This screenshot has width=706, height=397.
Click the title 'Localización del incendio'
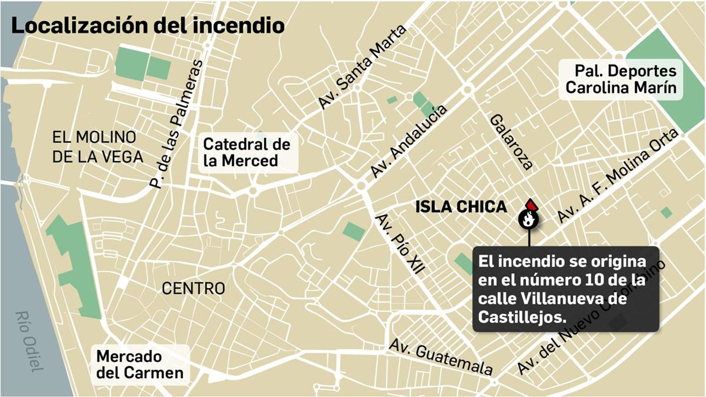coord(147,25)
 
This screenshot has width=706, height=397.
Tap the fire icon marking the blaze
coord(528,218)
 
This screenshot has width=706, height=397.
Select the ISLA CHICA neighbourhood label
coord(461,206)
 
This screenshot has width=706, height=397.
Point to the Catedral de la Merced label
coord(246,152)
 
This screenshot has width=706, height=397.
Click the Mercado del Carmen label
coord(139,364)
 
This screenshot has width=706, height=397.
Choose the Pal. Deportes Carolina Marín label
coord(621,79)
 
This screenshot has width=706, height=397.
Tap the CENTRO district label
coord(193,288)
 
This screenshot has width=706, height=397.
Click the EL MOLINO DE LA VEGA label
coord(98,147)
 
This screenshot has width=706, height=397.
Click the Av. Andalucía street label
coord(409,141)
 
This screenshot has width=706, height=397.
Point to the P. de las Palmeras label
coord(176,124)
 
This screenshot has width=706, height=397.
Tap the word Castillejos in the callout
coord(522,317)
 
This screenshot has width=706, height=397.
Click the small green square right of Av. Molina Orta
coord(666,213)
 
